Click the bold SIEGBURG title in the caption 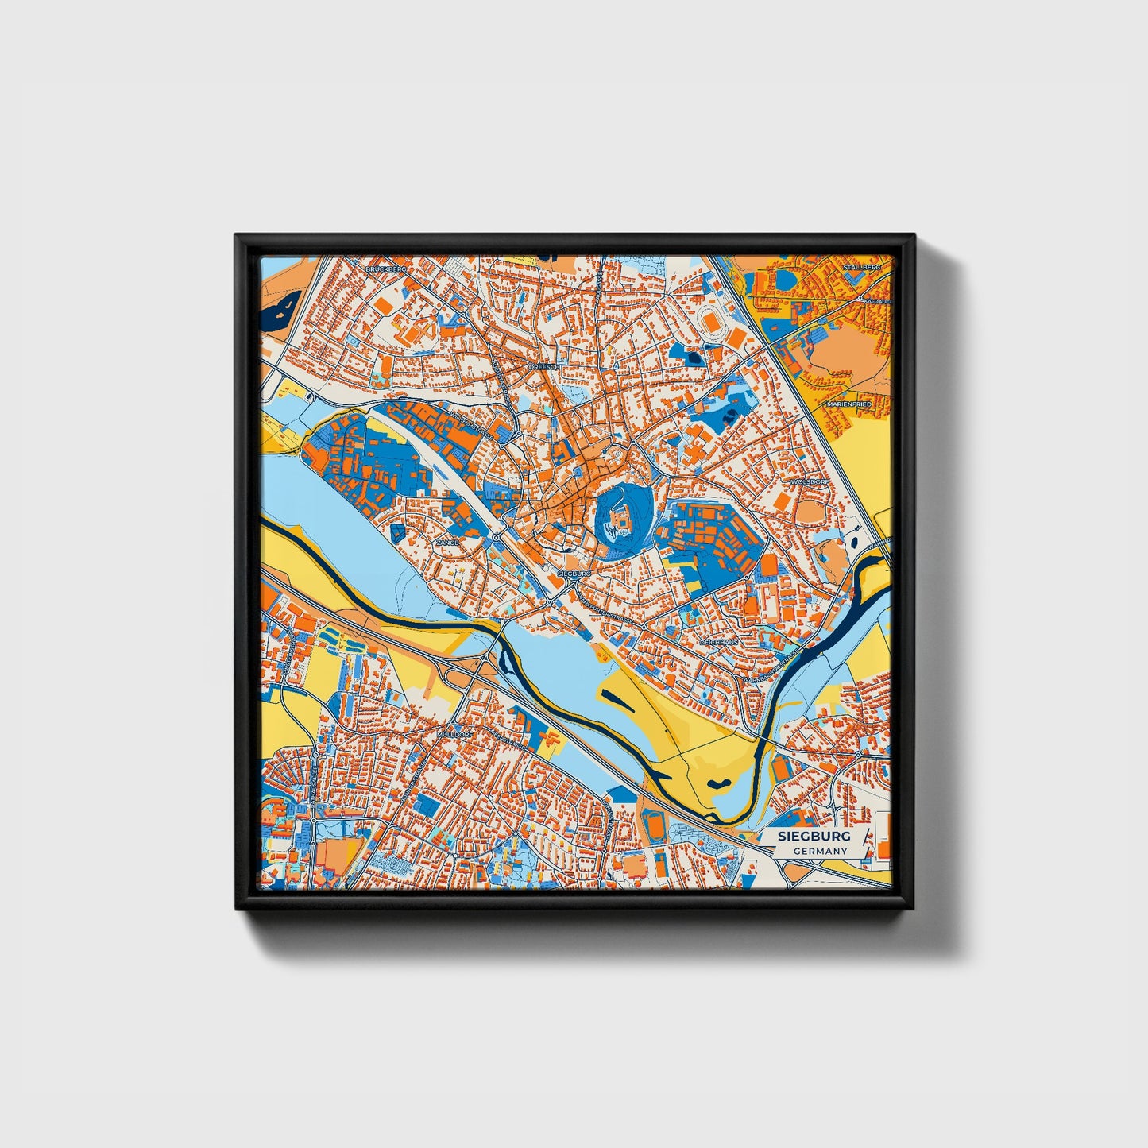point(814,837)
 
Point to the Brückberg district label point(385,269)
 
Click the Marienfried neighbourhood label point(848,404)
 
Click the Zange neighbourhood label point(447,543)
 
